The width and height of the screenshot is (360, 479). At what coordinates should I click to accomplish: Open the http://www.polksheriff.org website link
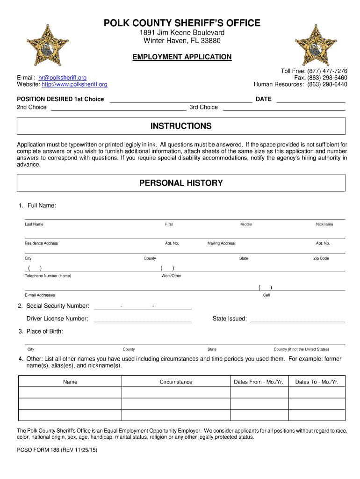click(x=74, y=85)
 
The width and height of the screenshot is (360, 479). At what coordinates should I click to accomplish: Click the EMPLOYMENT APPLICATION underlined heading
click(x=182, y=57)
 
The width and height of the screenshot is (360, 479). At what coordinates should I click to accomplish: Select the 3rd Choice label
click(x=203, y=107)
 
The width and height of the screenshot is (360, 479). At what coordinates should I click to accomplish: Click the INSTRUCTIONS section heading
click(x=181, y=126)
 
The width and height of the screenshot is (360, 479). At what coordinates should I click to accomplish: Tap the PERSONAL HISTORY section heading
click(x=181, y=183)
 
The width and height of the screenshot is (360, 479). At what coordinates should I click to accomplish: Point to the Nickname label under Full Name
click(x=324, y=225)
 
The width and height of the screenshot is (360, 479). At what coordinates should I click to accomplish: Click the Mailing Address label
click(x=221, y=243)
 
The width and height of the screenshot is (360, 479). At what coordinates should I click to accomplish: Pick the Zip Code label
click(x=321, y=258)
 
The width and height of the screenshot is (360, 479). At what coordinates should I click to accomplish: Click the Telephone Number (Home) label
click(x=48, y=276)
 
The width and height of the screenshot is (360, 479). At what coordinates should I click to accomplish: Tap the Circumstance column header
click(x=176, y=382)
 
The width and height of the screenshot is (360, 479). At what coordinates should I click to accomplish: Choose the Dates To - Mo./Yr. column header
click(x=317, y=382)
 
